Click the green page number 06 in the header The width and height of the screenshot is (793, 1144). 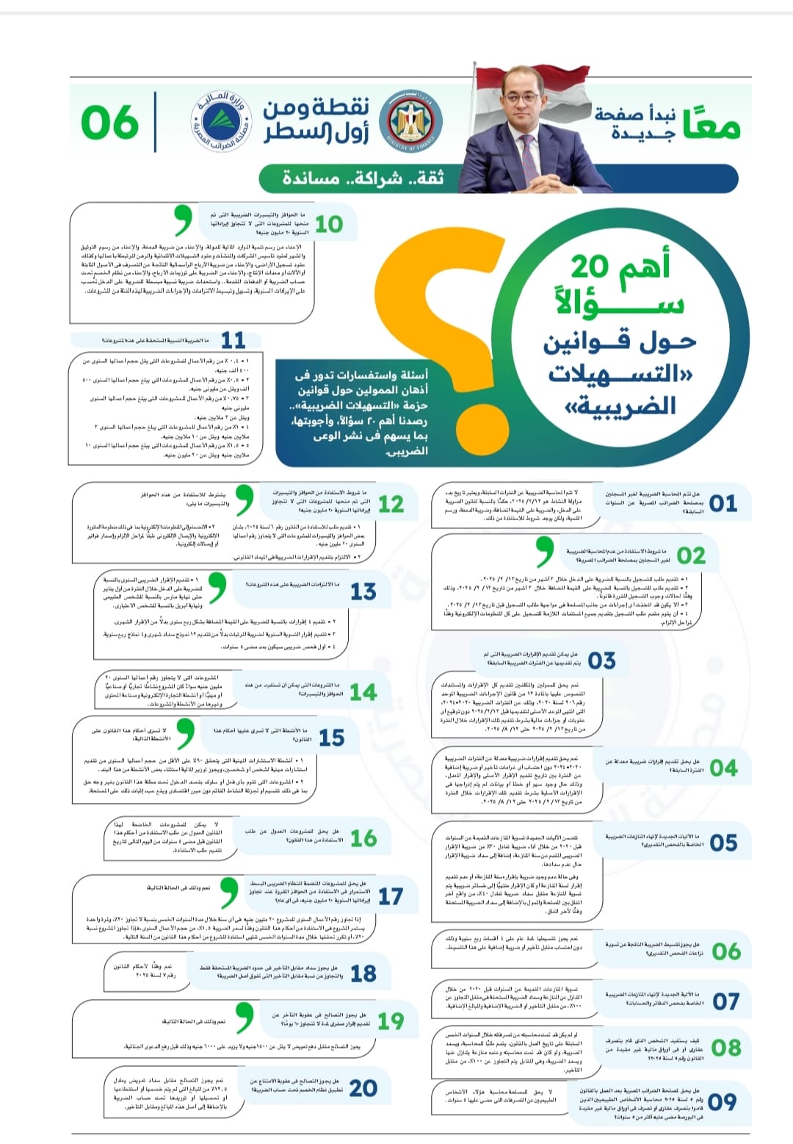tap(110, 121)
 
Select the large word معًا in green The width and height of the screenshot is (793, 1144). tap(710, 123)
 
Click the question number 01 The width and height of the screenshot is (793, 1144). tap(723, 503)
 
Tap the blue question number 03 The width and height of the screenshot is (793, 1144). tap(601, 661)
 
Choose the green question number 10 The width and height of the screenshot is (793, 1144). tap(329, 223)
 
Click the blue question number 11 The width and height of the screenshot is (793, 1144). tap(233, 340)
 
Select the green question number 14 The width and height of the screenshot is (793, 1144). tap(363, 692)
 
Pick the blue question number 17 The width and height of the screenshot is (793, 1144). tap(390, 896)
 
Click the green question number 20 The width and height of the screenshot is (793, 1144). tap(363, 1087)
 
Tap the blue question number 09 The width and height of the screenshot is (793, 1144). tap(723, 1101)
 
